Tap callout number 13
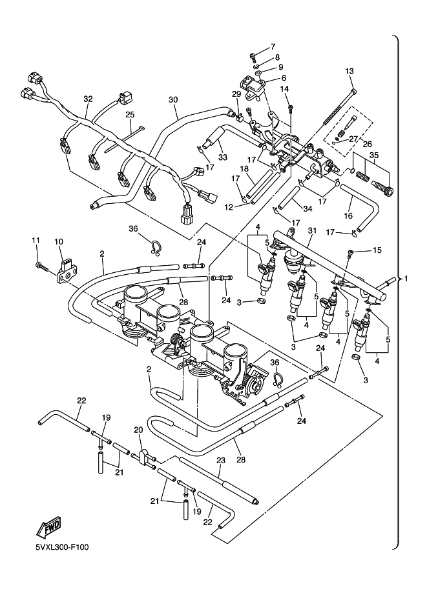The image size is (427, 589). [x=349, y=71]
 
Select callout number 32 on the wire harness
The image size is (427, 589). [x=88, y=99]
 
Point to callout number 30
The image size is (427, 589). [x=172, y=100]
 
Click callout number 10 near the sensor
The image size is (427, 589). [x=58, y=241]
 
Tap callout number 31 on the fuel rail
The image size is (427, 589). [x=312, y=230]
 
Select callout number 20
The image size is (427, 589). [x=138, y=430]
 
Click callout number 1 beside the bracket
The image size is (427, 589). [x=406, y=279]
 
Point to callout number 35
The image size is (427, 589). [x=373, y=155]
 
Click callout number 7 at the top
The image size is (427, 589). [x=272, y=46]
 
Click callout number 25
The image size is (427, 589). [x=129, y=114]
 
